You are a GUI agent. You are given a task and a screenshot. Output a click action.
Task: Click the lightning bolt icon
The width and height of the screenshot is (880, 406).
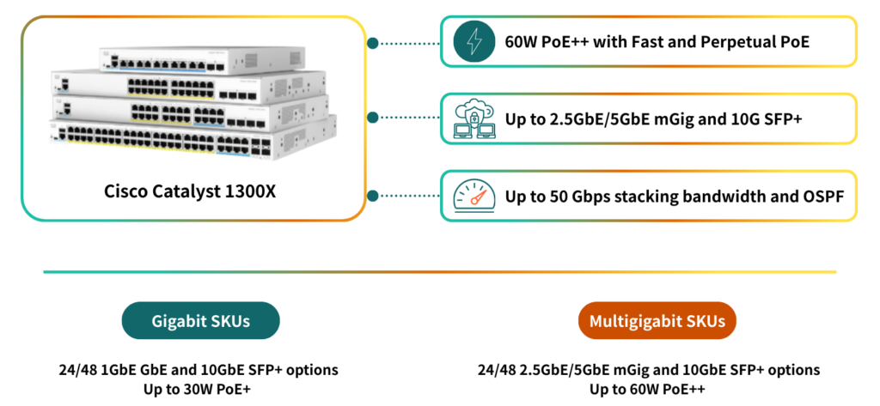tap(474, 41)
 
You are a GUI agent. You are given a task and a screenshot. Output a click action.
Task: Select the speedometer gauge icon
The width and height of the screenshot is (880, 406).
tap(474, 197)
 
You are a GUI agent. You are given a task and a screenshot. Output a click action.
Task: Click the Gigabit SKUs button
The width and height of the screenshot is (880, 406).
tap(201, 321)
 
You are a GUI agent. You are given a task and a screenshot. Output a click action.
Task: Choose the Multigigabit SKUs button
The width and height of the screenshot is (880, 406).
tap(657, 321)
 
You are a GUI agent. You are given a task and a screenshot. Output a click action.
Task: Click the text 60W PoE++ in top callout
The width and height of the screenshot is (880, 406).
tap(542, 41)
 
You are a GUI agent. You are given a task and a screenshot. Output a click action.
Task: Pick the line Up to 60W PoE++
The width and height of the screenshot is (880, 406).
tap(650, 389)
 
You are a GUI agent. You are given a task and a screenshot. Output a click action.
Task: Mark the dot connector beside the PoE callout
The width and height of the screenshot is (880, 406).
tap(372, 41)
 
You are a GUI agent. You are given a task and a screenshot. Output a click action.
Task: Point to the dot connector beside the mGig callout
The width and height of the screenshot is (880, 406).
tap(372, 118)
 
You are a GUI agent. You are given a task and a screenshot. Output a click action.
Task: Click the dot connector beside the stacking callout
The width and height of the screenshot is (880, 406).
tap(372, 196)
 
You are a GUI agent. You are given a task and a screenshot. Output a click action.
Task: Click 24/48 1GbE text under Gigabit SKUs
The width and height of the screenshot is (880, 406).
tap(91, 370)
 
